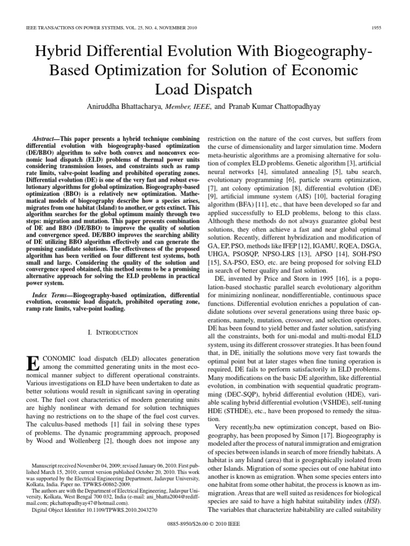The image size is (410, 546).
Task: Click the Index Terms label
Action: [52, 294]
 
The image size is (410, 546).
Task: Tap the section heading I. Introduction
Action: [112, 332]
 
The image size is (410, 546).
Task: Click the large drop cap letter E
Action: [33, 363]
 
